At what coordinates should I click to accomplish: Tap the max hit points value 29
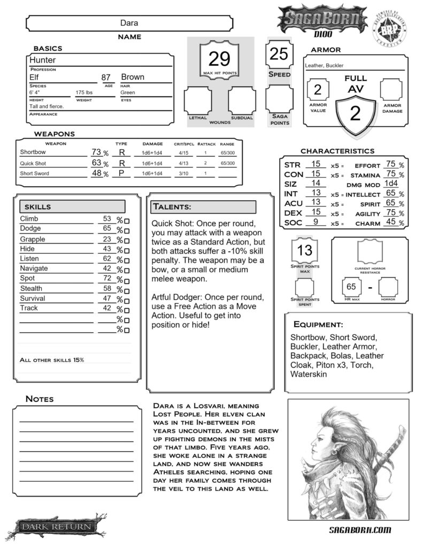tap(219, 58)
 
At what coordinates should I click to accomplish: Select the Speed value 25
tap(279, 54)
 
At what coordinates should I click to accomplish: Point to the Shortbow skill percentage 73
tap(96, 153)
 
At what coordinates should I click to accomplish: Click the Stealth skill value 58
tap(106, 288)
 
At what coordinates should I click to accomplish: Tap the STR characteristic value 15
tap(316, 164)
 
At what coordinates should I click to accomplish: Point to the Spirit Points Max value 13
tap(304, 250)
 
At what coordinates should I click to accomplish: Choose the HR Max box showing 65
tap(351, 287)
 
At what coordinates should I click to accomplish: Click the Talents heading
tap(172, 207)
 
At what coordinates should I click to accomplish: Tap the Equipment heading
tap(318, 324)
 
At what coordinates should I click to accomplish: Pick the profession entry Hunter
tap(43, 60)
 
